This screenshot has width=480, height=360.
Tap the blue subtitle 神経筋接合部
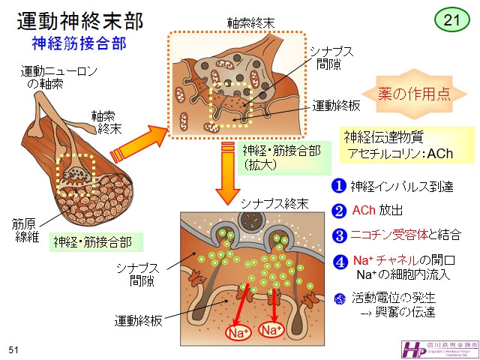click(71, 43)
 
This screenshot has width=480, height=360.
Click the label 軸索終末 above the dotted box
click(250, 22)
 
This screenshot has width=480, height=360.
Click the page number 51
click(13, 349)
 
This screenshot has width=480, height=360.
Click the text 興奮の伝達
click(408, 313)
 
